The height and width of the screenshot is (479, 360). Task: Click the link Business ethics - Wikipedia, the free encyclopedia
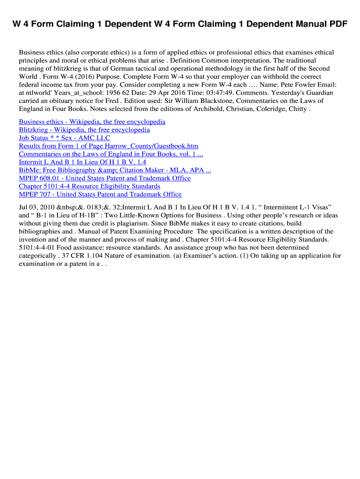[92, 122]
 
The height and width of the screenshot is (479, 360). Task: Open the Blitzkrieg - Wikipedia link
[84, 130]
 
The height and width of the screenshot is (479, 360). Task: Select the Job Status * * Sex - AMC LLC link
[65, 138]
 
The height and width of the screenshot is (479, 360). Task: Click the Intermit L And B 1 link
[82, 162]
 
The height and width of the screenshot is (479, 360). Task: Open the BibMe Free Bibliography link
[115, 170]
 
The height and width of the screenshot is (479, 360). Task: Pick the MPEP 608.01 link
[105, 178]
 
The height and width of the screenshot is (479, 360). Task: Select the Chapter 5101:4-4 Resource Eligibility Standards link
[89, 186]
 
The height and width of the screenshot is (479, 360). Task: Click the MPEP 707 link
[100, 194]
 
